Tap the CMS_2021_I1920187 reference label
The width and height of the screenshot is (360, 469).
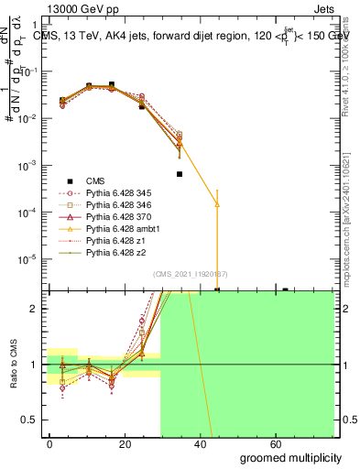coord(190,274)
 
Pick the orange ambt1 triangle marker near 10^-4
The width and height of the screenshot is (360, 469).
coord(217,204)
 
